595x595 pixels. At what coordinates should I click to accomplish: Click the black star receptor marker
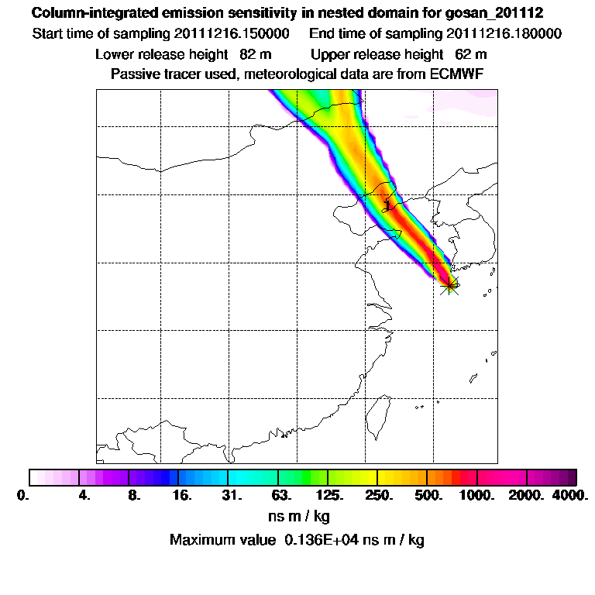point(449,286)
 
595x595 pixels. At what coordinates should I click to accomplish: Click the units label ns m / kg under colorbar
point(297,515)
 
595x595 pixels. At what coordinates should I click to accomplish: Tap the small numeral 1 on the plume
point(387,204)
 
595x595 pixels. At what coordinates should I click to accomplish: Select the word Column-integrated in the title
point(90,13)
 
